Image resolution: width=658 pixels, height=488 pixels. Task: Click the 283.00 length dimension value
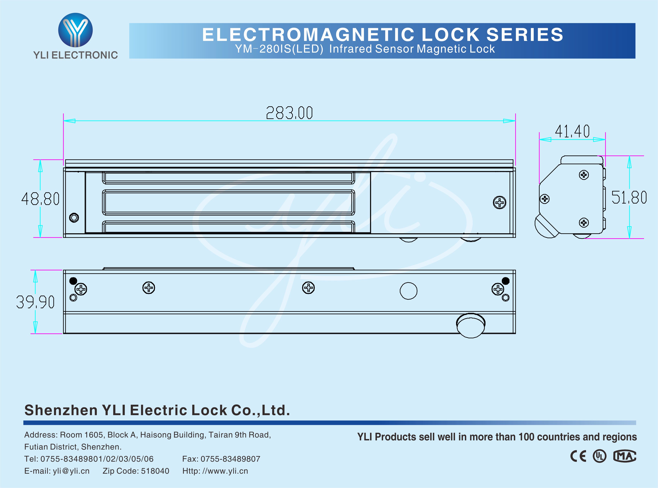[289, 113]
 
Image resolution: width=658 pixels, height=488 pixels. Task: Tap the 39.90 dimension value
[35, 302]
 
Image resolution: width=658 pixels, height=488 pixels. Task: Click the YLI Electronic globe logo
[75, 30]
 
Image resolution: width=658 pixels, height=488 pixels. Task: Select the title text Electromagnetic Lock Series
[383, 35]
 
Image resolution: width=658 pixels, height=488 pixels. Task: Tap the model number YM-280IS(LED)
[279, 49]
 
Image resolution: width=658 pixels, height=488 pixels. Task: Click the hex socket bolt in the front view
[74, 218]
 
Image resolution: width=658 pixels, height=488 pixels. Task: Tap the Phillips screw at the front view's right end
[500, 203]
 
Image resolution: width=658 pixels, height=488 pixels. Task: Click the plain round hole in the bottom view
[408, 291]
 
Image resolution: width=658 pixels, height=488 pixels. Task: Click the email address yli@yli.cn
[71, 471]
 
